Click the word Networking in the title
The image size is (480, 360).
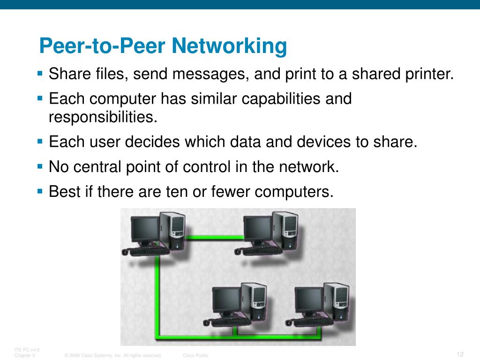click(229, 46)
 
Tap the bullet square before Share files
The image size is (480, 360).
click(40, 73)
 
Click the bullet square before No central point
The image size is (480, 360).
click(40, 165)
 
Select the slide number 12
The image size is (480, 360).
click(460, 353)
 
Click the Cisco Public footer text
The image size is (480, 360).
click(195, 356)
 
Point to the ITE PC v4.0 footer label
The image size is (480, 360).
click(27, 350)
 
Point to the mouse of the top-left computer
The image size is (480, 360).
click(125, 252)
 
